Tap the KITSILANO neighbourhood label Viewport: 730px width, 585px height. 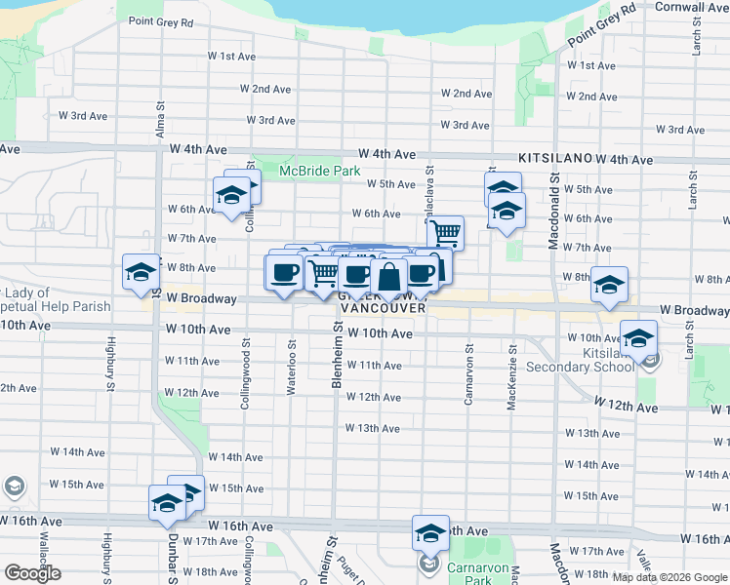point(555,157)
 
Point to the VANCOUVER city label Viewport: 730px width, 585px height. point(384,308)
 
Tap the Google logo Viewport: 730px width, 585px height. point(32,573)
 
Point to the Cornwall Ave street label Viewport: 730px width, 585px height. point(691,7)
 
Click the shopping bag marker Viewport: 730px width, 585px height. point(388,279)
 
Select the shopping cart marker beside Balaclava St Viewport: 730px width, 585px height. point(445,233)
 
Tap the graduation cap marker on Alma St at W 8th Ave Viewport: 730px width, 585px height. point(141,272)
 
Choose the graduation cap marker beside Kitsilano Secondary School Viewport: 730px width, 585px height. point(639,338)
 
